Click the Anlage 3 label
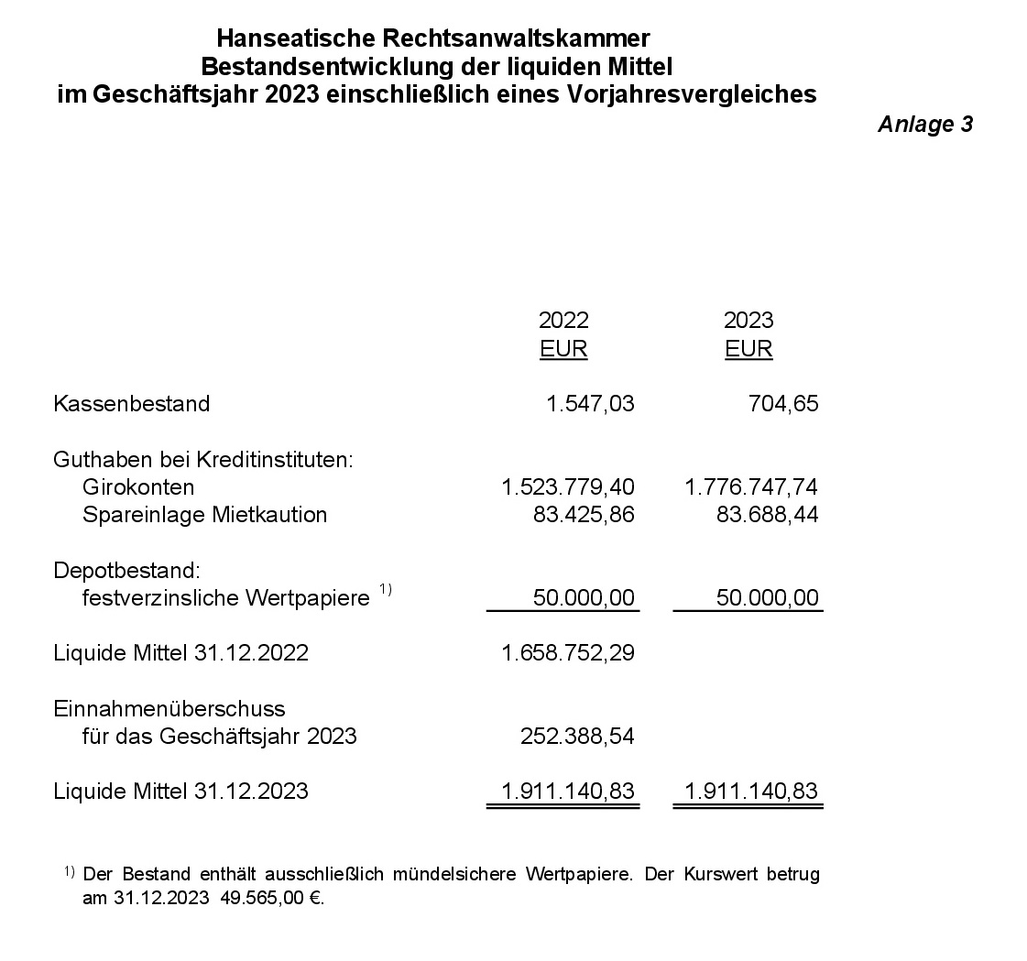[924, 125]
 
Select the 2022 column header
[563, 320]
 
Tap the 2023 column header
[748, 320]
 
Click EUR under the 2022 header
[563, 349]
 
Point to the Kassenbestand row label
[132, 404]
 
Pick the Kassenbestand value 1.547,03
[590, 404]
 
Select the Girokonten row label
[138, 486]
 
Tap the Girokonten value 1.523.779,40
[568, 486]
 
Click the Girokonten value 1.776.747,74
[751, 486]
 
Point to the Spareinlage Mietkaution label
[204, 514]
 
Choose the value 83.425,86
[584, 514]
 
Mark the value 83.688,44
[768, 514]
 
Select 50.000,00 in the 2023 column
[768, 598]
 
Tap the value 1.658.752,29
[568, 653]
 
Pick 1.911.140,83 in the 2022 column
[568, 791]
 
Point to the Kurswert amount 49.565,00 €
[272, 898]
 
